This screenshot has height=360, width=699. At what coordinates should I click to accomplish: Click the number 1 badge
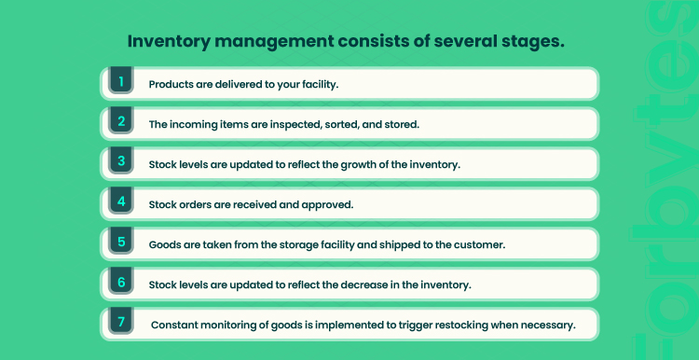pos(121,80)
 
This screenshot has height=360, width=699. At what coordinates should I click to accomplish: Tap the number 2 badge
pos(121,120)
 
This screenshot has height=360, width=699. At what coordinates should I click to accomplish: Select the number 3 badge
pos(121,160)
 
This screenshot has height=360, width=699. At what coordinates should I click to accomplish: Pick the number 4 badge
pos(121,201)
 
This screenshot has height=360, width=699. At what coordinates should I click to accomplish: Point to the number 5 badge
pos(121,241)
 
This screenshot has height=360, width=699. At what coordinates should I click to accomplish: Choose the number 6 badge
pos(121,281)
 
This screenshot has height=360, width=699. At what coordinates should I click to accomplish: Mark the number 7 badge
pos(121,321)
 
